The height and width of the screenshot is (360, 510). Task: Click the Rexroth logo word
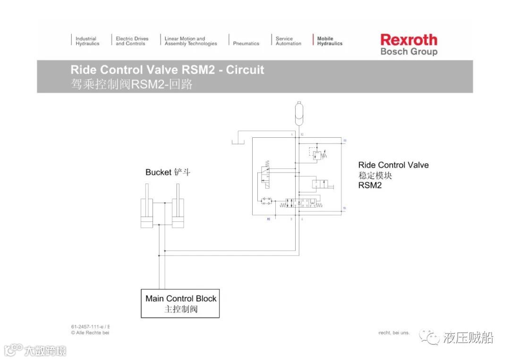[x=408, y=40]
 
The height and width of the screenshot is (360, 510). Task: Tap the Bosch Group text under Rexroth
[x=408, y=51]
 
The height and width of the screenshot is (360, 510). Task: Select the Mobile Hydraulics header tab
[x=329, y=41]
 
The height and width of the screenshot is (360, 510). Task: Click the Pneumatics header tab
[x=246, y=43]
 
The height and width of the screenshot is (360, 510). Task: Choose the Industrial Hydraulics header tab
[x=87, y=41]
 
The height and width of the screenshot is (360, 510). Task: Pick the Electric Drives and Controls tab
[x=132, y=41]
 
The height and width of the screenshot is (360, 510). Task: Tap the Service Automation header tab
[x=288, y=41]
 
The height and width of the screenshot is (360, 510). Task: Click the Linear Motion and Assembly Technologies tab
[x=191, y=41]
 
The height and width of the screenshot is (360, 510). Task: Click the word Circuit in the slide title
[x=245, y=70]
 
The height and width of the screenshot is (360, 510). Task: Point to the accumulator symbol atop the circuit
[x=298, y=112]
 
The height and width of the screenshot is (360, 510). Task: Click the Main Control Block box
[x=180, y=303]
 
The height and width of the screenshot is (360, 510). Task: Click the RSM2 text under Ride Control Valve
[x=370, y=185]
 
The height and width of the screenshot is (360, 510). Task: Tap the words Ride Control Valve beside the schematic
[x=393, y=165]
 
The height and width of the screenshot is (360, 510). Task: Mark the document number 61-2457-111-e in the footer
[x=87, y=326]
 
